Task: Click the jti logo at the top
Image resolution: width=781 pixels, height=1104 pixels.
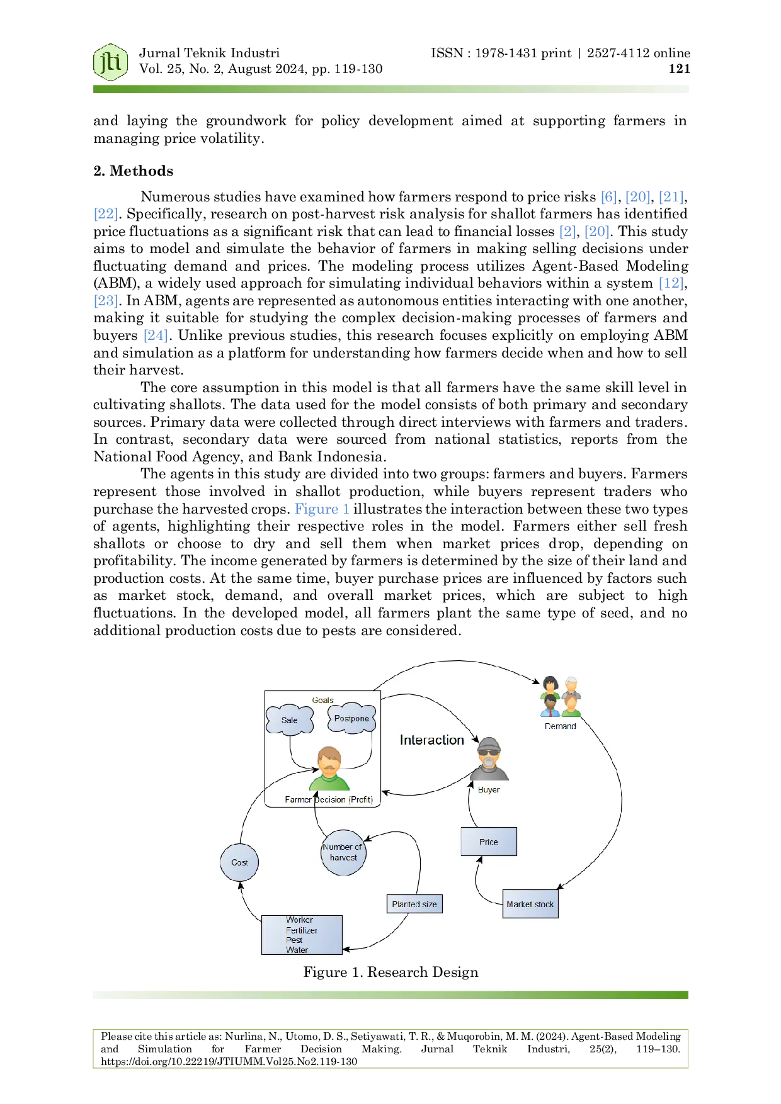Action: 111,62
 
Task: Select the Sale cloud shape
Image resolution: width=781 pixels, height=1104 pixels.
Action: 290,720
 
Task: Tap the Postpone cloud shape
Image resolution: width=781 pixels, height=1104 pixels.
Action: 351,718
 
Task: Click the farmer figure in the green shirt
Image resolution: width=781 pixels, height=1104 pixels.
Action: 329,769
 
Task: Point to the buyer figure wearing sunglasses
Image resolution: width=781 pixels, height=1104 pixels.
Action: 489,759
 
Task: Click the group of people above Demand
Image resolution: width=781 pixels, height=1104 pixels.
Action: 561,697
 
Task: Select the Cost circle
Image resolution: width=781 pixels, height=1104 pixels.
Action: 239,862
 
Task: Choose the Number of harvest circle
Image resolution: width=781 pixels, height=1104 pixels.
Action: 343,852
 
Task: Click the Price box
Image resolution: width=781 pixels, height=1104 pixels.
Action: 489,842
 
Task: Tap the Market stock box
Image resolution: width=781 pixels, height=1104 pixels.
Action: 530,904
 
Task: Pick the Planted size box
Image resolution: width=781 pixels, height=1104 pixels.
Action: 414,904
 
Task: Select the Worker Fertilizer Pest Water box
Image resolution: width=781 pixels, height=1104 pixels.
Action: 302,935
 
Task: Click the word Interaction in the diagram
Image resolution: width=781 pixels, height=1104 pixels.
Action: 431,740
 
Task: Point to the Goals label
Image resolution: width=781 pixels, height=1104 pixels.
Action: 322,700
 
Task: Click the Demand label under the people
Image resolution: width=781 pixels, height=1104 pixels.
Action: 560,726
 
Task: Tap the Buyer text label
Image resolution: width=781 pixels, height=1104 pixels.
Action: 489,790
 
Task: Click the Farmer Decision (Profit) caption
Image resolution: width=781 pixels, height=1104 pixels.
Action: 329,800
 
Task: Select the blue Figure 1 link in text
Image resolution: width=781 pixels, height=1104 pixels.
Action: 322,507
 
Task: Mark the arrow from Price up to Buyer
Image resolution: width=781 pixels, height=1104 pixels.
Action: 469,806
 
